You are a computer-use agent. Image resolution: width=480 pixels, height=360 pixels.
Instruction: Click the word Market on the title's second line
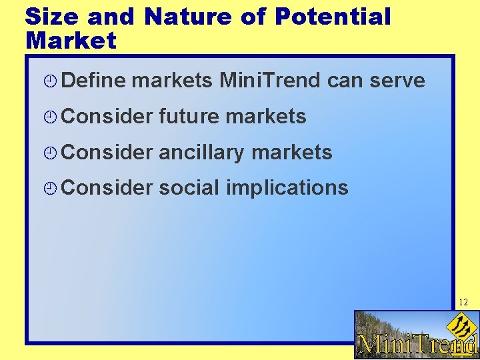pyautogui.click(x=71, y=41)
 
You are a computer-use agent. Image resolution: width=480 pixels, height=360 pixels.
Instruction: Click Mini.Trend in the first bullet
pyautogui.click(x=270, y=81)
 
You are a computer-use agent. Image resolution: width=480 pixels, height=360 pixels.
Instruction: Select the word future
pyautogui.click(x=189, y=117)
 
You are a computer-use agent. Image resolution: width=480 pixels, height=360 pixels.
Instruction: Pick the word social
pyautogui.click(x=189, y=188)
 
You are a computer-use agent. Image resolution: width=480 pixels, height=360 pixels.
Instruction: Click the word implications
pyautogui.click(x=287, y=188)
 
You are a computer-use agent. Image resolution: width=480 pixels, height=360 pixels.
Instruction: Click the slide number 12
pyautogui.click(x=463, y=303)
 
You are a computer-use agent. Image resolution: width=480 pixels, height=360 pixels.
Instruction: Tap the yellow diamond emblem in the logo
pyautogui.click(x=459, y=326)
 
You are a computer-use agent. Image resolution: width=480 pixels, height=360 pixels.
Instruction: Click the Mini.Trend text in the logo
pyautogui.click(x=417, y=343)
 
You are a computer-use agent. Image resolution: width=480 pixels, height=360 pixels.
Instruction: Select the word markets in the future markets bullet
pyautogui.click(x=266, y=117)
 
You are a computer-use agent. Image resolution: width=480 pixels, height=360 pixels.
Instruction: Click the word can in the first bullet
pyautogui.click(x=343, y=81)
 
